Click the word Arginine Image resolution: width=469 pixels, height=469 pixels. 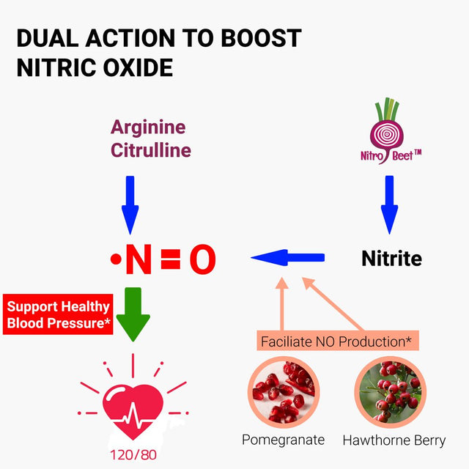[148, 128]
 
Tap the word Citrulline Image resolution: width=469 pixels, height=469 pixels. [151, 151]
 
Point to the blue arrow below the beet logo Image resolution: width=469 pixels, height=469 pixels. [389, 204]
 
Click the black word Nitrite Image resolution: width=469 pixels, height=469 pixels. [392, 259]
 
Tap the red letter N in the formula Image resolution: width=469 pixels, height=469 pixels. [138, 260]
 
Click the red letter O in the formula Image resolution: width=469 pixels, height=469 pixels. [202, 260]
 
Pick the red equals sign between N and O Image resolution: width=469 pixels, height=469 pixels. [170, 260]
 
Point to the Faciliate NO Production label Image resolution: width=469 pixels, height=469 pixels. [336, 341]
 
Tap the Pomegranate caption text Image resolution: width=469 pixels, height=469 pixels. [283, 440]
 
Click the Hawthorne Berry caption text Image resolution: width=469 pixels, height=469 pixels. [394, 440]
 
